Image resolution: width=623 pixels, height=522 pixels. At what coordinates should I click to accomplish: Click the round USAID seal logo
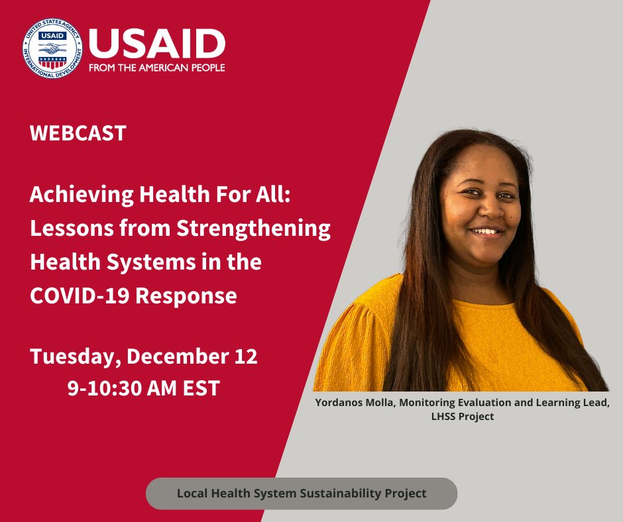[x=52, y=49]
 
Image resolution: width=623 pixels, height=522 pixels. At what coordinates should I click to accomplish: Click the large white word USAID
[x=156, y=43]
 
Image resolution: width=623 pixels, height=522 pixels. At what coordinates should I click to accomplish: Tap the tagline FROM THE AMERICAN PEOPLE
[x=156, y=68]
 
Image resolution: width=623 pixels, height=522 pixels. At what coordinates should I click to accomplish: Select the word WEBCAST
[x=78, y=133]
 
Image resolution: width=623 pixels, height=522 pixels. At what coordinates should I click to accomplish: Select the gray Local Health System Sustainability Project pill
[x=302, y=494]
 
